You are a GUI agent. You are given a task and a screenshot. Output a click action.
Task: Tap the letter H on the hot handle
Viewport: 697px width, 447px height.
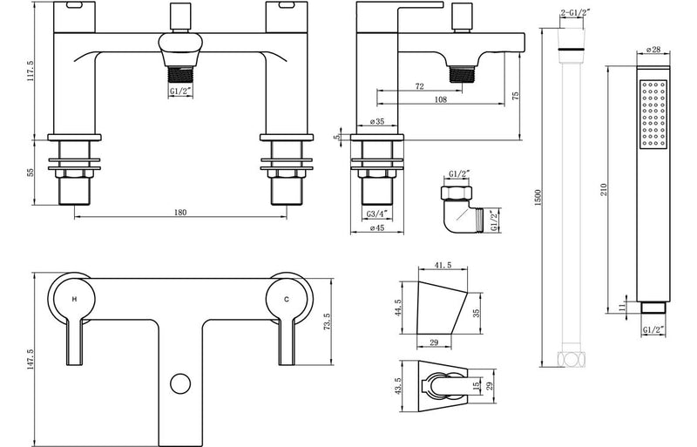click(x=74, y=298)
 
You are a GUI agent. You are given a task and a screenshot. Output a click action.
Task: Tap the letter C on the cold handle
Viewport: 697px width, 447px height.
click(x=287, y=298)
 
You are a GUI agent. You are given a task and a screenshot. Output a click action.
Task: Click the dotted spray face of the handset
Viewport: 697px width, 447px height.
click(x=653, y=113)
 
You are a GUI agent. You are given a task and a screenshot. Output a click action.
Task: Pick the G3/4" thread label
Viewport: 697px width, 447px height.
click(x=377, y=213)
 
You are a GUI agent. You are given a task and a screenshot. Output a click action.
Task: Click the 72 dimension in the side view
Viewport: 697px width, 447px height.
click(x=419, y=88)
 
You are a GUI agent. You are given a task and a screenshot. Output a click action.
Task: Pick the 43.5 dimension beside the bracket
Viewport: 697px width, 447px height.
click(x=398, y=383)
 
